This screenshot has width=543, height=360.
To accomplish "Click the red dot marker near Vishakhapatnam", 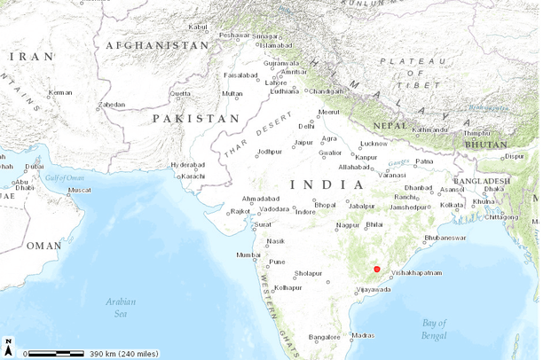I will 377,269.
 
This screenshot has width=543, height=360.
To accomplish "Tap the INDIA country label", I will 327,185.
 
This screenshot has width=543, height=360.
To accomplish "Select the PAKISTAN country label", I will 195,118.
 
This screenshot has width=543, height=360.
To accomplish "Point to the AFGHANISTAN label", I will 157,45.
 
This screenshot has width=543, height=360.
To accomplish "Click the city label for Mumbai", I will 248,255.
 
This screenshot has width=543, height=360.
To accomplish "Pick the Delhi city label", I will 306,127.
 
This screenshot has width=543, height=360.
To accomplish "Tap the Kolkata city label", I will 452,205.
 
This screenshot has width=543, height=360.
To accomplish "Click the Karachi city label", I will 193,176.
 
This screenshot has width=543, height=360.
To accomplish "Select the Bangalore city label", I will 324,337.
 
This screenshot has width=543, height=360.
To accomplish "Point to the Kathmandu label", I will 430,129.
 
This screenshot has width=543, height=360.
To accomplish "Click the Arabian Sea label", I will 121,307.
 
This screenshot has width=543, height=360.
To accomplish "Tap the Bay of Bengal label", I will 435,327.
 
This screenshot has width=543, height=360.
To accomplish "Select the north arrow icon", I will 8,346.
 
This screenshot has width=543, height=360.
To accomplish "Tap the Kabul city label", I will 198,27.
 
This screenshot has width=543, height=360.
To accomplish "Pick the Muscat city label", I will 80,190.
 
